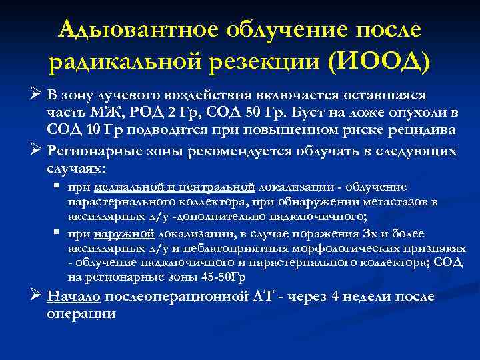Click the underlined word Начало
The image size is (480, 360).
point(73,297)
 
